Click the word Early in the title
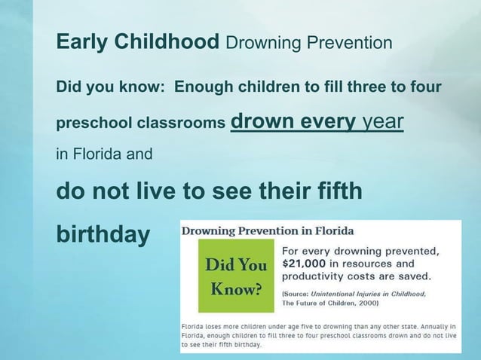[82, 43]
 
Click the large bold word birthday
[103, 234]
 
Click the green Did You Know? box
[233, 277]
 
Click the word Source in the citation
[299, 292]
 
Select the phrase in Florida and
[104, 155]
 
